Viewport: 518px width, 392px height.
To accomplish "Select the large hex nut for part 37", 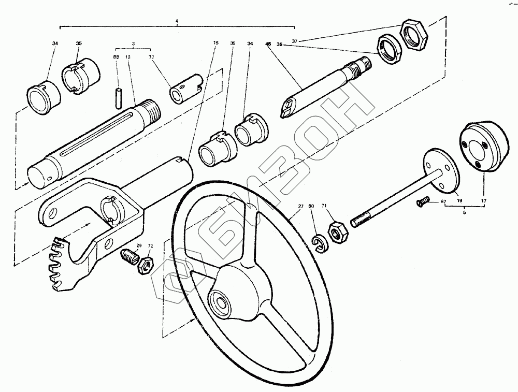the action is tap(414, 36).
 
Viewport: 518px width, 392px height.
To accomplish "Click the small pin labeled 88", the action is tap(119, 96).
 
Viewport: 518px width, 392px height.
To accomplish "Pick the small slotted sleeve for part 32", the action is tap(184, 88).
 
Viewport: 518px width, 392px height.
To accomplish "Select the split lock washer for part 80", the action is tap(319, 243).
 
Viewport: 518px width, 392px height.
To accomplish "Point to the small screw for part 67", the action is tap(423, 202).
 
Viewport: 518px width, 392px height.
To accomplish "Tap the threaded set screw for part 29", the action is tap(130, 256).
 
